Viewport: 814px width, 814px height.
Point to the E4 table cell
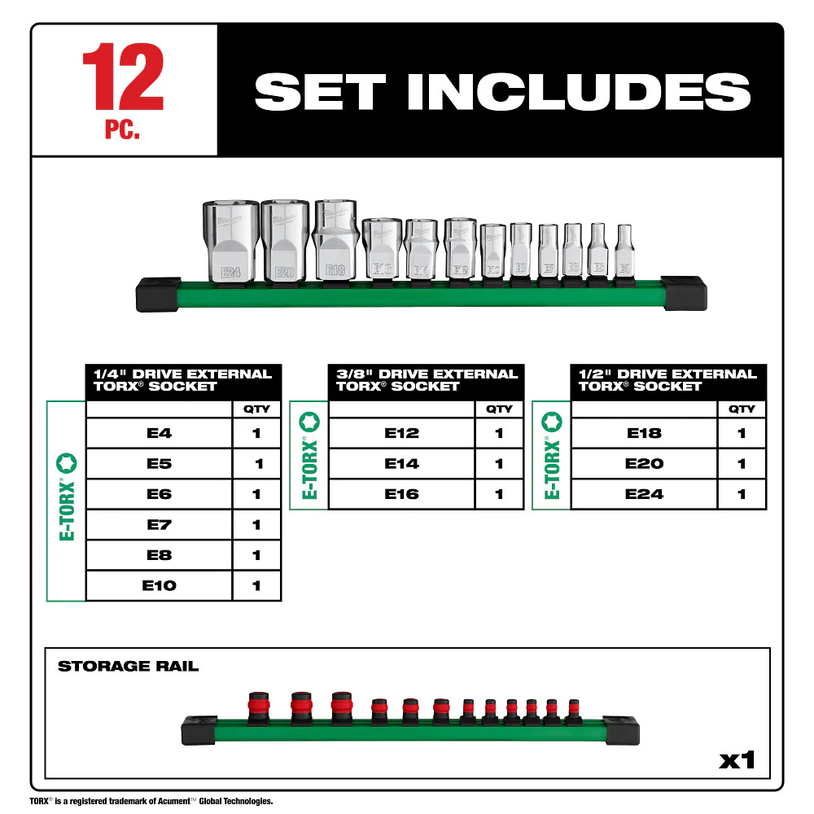click(x=159, y=433)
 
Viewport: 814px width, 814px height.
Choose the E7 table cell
click(x=159, y=525)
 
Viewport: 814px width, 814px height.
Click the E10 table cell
click(x=159, y=585)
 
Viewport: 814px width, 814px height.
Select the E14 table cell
click(x=401, y=464)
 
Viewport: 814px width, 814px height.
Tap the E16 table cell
click(x=401, y=494)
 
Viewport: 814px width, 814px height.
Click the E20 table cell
click(x=644, y=464)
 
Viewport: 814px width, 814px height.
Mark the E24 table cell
click(x=644, y=494)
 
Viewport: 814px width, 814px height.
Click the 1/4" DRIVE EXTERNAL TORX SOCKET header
click(x=183, y=380)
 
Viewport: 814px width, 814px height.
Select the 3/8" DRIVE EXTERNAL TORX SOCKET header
click(x=427, y=380)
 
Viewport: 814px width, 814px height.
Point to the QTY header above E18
click(x=742, y=409)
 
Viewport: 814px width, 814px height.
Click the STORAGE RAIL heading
click(x=128, y=667)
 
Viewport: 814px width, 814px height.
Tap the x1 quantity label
click(x=737, y=762)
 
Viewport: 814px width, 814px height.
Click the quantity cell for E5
click(x=257, y=464)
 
